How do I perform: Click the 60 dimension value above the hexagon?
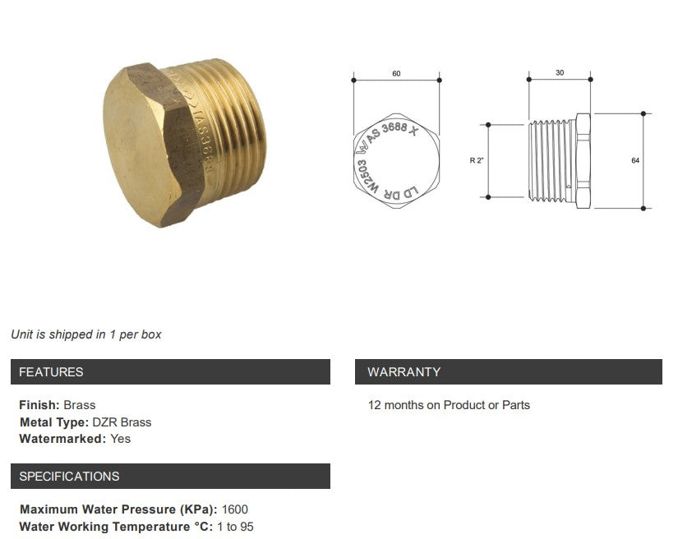pos(396,74)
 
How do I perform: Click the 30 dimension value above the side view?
pos(560,73)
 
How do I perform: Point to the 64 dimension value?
pos(635,160)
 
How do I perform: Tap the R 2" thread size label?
pos(476,160)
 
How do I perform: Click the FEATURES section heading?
pos(51,372)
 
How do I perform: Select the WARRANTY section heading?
pos(404,372)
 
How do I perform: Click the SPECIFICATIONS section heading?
pos(69,477)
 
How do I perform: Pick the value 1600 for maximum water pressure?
pos(234,509)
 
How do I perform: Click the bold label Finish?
pos(39,405)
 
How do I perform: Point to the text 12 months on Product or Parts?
pos(449,405)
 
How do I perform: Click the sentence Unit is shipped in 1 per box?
pos(86,334)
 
